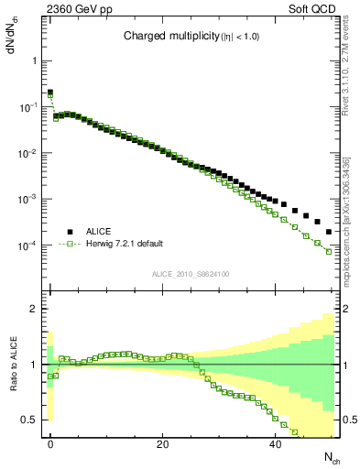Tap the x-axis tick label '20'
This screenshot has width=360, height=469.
(x=163, y=443)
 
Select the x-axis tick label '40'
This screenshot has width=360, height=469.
(x=276, y=443)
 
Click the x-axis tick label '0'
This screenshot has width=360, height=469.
(x=50, y=443)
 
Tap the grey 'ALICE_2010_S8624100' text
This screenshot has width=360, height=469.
(x=191, y=274)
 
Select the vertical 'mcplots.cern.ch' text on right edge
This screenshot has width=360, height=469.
(x=352, y=214)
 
